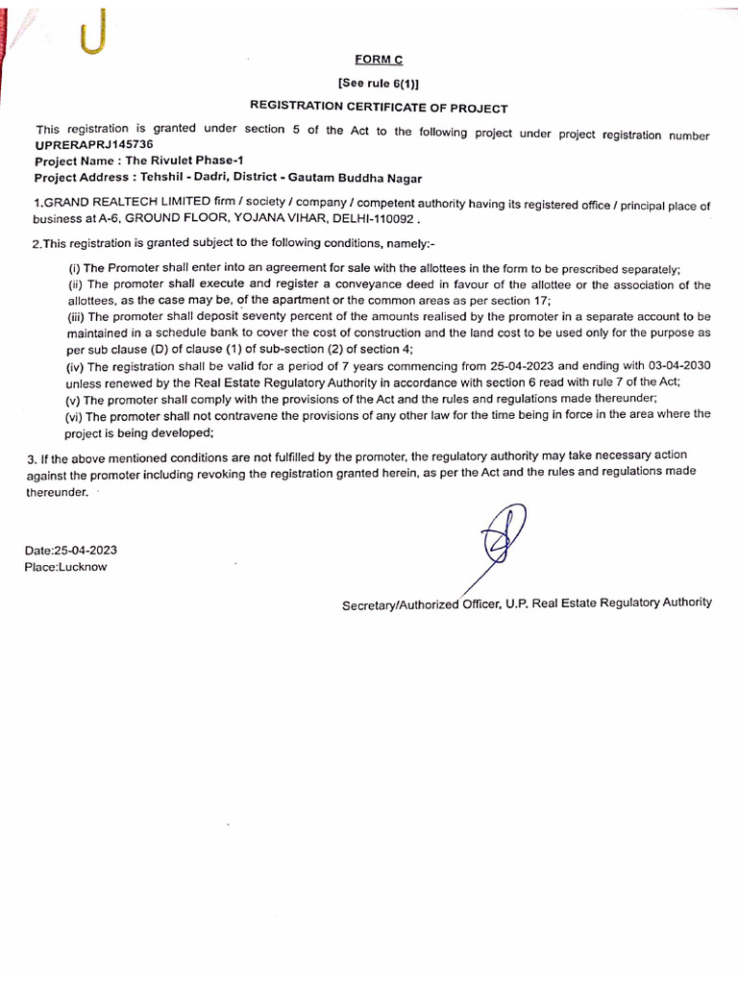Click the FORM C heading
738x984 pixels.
[x=379, y=60]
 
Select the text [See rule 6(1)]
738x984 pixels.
[x=379, y=84]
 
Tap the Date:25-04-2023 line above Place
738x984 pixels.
[x=71, y=551]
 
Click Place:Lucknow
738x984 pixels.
[x=66, y=567]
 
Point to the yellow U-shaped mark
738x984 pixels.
[x=92, y=37]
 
